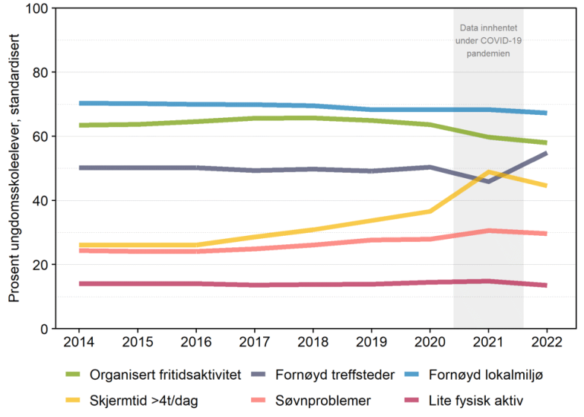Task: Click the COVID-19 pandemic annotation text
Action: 488,41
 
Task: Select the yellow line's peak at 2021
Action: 488,172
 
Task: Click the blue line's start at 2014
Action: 80,103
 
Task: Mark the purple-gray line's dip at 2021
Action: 488,181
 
